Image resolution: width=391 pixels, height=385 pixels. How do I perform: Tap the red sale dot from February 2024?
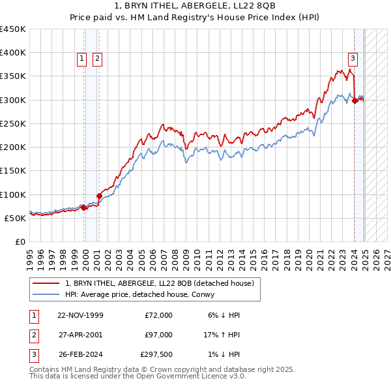point(355,100)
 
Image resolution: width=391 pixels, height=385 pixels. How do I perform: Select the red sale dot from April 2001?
point(99,195)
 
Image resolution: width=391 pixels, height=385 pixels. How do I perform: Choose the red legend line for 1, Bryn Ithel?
point(46,283)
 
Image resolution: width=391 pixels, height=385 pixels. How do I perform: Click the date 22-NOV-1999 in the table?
point(80,315)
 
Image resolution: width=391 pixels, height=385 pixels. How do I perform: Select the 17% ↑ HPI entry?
point(222,334)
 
